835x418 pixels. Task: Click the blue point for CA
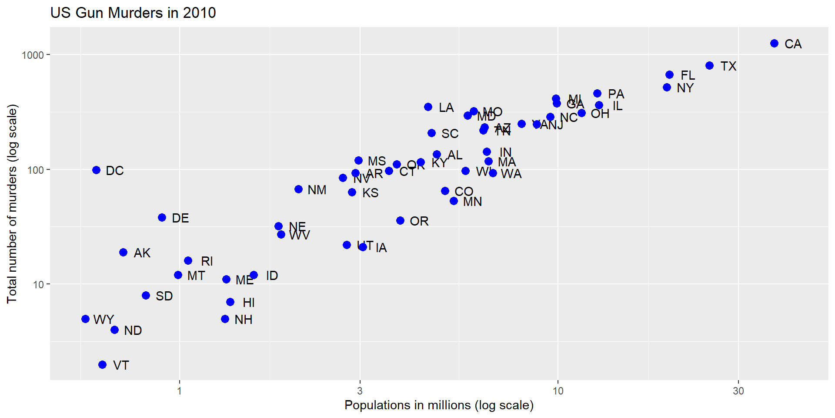[x=774, y=44]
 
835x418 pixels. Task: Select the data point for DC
[x=97, y=170]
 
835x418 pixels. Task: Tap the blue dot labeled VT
[x=103, y=365]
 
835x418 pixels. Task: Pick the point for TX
[x=710, y=66]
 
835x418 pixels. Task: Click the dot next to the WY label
[x=86, y=319]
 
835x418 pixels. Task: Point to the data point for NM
[x=299, y=189]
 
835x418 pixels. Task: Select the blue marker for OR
[x=401, y=221]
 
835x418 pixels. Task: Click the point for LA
[x=428, y=107]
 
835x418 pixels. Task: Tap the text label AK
[x=142, y=253]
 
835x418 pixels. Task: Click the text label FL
[x=688, y=75]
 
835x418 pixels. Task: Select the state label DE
[x=180, y=218]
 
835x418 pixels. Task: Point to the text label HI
[x=248, y=303]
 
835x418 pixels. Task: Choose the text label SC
[x=450, y=134]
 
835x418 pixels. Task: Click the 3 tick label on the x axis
[x=360, y=391]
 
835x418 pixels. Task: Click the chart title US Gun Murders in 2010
[x=133, y=13]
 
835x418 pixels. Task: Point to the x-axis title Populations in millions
[x=439, y=405]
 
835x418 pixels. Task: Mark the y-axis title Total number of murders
[x=12, y=204]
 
